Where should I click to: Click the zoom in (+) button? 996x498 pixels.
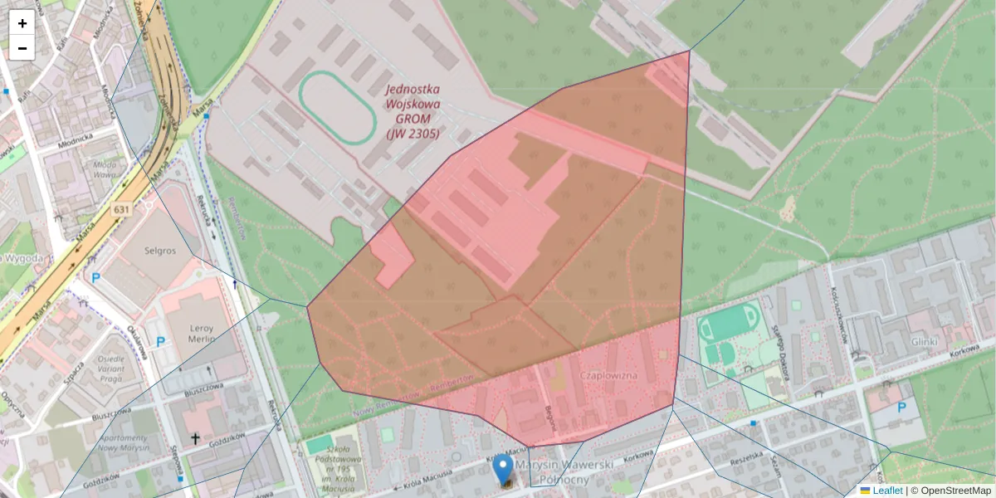(x=22, y=22)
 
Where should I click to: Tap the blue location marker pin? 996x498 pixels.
(x=503, y=469)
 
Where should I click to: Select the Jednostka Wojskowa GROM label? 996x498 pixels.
(x=413, y=111)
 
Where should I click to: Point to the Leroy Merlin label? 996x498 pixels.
(x=190, y=333)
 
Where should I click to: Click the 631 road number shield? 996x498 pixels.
(x=122, y=210)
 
